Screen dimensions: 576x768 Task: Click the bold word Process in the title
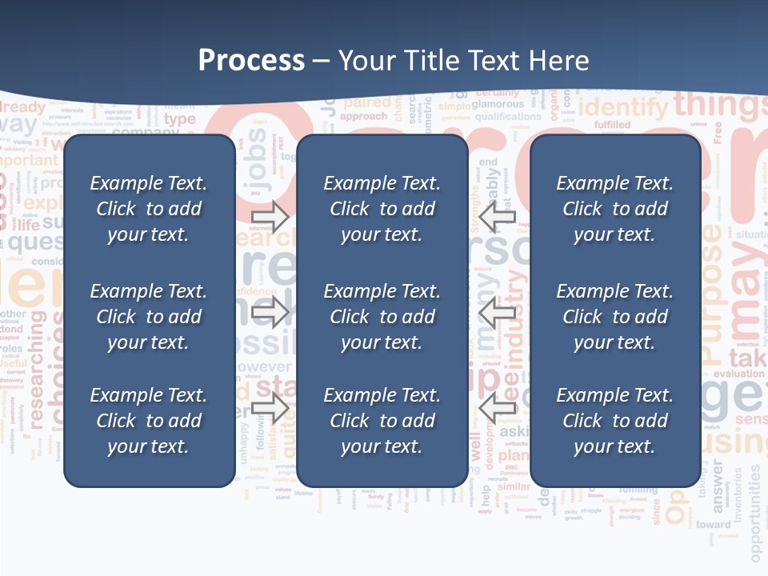(251, 61)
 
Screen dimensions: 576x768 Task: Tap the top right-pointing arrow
(270, 216)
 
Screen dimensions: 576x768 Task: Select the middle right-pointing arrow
(270, 312)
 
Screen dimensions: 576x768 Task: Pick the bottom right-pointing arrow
(270, 409)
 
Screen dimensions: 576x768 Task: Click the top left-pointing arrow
(498, 216)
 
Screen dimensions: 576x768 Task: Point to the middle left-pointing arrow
(498, 312)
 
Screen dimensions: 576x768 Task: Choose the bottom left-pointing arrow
(498, 409)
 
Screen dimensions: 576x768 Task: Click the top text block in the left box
(149, 209)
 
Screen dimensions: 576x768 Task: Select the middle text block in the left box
(149, 317)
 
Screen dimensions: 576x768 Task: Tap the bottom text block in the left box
(149, 421)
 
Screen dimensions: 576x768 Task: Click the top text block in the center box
(382, 209)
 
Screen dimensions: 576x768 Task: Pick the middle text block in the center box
(382, 317)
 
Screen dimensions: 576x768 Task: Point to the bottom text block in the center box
(382, 421)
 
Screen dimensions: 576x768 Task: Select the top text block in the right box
(614, 209)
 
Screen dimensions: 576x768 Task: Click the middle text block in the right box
(614, 317)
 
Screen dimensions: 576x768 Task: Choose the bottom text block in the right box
(614, 421)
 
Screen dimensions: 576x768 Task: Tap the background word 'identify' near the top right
(622, 107)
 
